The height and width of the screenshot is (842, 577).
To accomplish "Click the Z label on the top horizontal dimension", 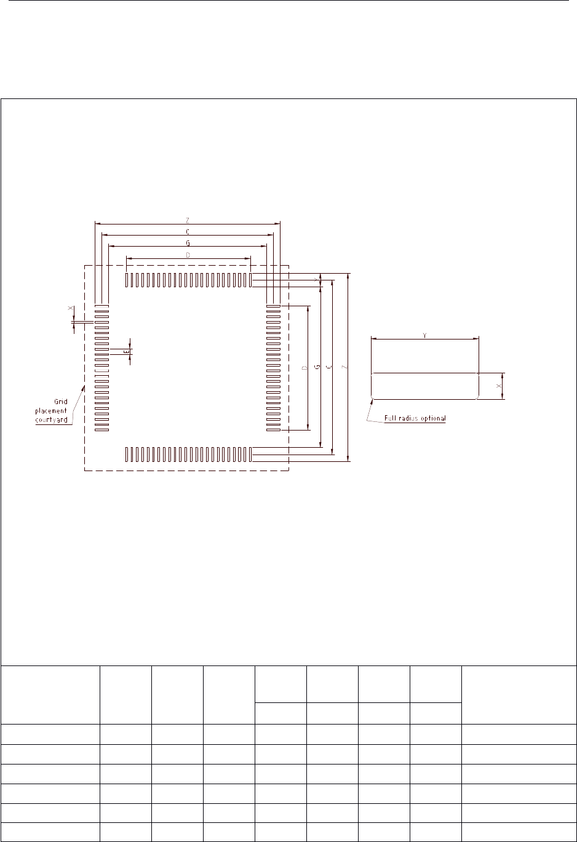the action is (187, 220).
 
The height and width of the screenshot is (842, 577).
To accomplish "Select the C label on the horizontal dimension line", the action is (187, 231).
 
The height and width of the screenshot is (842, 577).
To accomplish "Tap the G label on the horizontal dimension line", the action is (187, 242).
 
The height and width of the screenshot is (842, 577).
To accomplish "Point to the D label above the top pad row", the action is (188, 254).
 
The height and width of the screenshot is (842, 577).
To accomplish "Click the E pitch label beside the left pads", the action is (126, 352).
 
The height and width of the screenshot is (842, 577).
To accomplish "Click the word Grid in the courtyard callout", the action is (60, 402).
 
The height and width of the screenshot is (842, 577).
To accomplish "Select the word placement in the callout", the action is (51, 410).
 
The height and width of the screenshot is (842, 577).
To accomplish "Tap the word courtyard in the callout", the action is (51, 420).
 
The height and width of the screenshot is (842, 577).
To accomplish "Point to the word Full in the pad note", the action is (391, 418).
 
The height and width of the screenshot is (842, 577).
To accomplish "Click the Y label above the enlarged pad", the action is (424, 335).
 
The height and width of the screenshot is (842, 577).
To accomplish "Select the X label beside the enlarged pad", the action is (498, 386).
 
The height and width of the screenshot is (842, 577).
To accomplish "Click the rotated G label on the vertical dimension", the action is (317, 367).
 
